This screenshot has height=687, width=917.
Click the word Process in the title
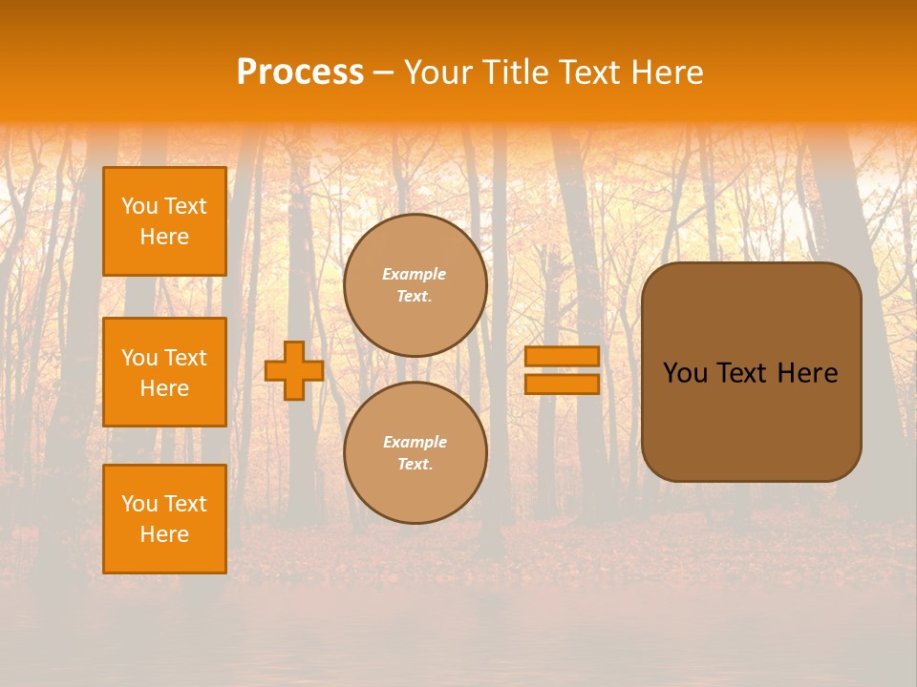(300, 73)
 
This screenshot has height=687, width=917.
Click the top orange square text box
(164, 221)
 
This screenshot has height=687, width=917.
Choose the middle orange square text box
(164, 372)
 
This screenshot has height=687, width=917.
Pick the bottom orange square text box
(164, 519)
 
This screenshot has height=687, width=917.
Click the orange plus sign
(294, 370)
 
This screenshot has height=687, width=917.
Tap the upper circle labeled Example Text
(416, 285)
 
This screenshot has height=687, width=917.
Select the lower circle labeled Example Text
(416, 452)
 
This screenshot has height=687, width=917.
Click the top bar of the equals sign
(562, 356)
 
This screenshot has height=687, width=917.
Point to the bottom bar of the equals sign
(562, 385)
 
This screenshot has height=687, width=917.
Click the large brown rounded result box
(751, 420)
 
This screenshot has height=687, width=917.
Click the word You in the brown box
(685, 373)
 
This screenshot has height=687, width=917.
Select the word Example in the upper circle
(415, 274)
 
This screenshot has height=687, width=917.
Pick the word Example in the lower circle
(415, 442)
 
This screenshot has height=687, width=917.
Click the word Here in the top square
(164, 237)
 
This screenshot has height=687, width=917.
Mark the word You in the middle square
(139, 358)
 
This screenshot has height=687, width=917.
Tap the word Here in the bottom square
(164, 534)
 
